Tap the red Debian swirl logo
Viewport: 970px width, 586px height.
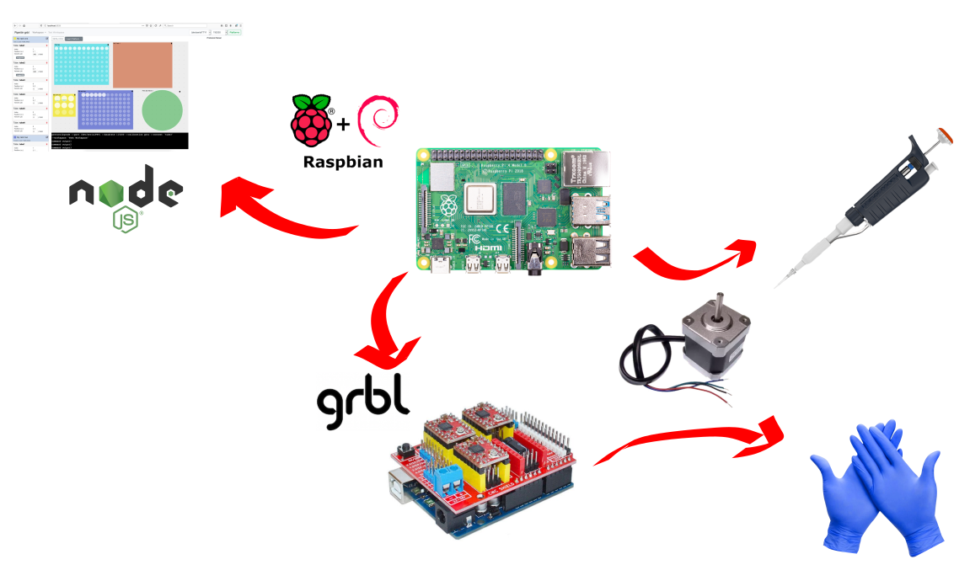378,121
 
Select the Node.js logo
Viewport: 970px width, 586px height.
127,194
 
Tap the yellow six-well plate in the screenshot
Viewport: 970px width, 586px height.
64,105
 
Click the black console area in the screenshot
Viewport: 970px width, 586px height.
118,141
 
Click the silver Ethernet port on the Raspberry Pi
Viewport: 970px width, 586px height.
592,171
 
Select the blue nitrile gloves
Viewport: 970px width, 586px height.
876,488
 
